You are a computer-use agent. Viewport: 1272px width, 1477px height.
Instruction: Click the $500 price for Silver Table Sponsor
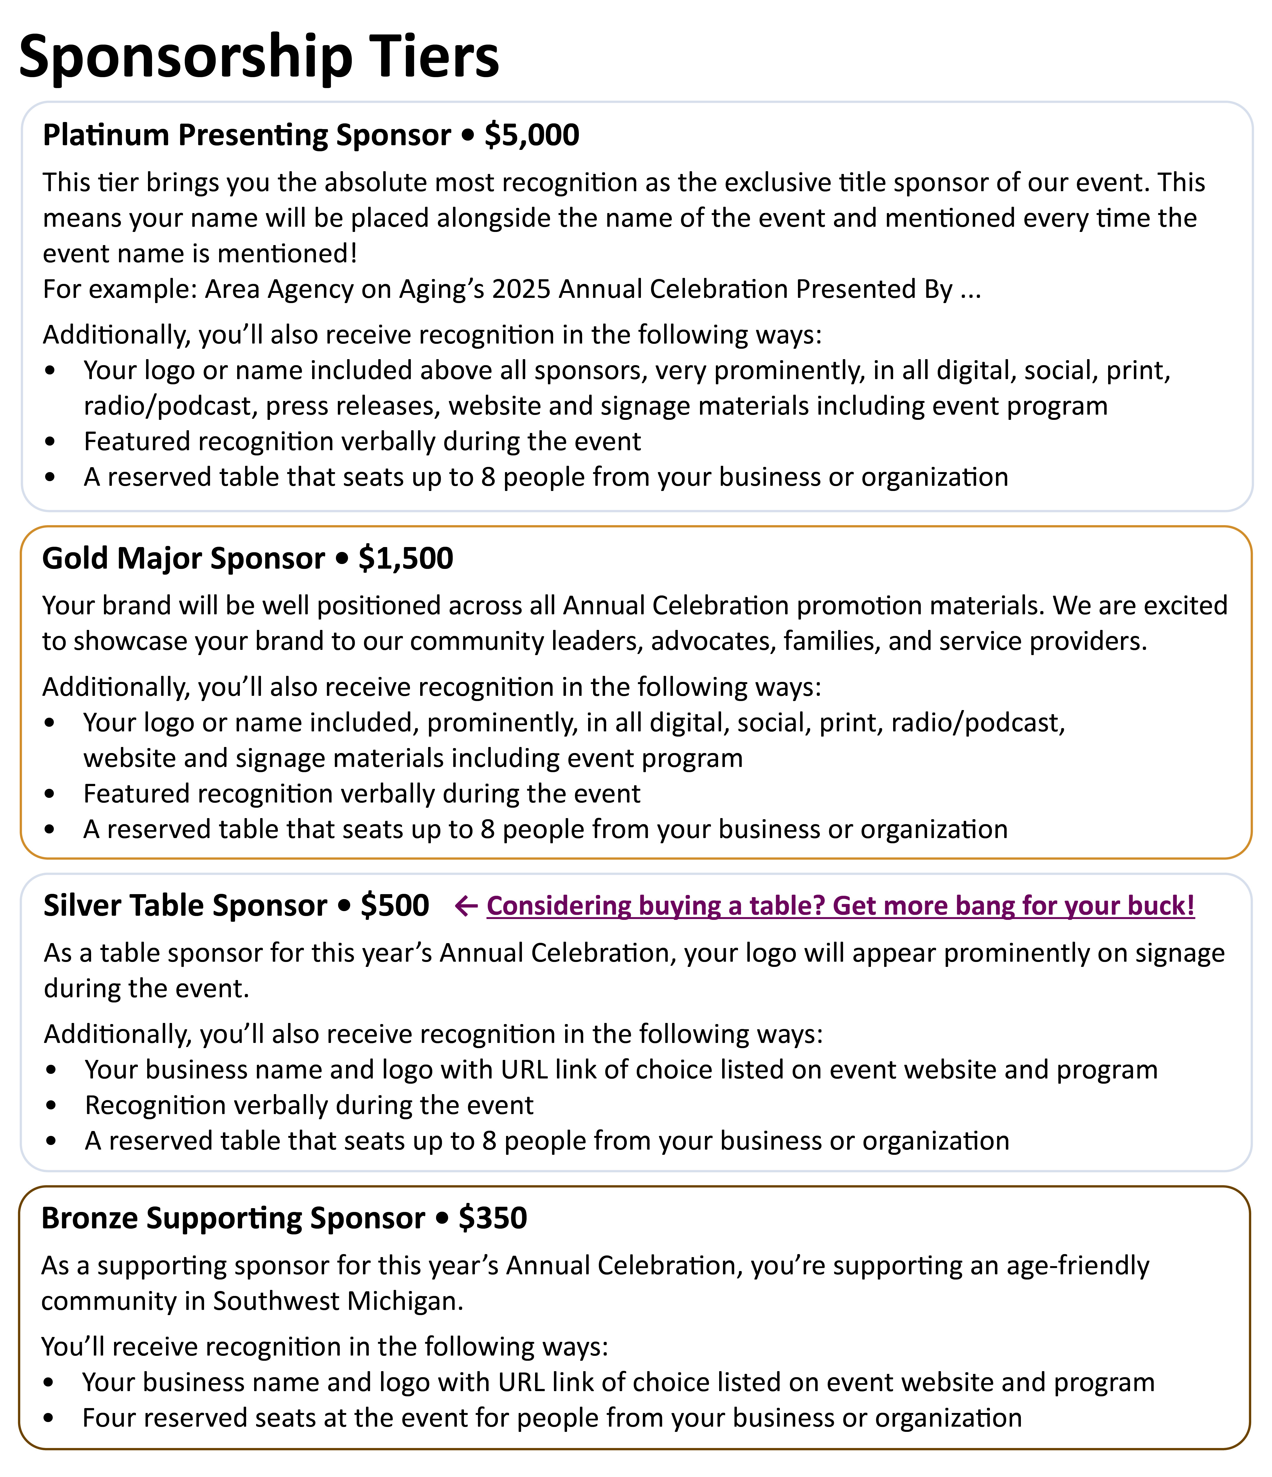pos(394,905)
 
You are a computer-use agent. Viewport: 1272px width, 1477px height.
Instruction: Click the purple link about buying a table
pos(840,906)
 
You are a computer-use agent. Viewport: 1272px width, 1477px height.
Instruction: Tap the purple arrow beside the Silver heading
pos(466,906)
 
